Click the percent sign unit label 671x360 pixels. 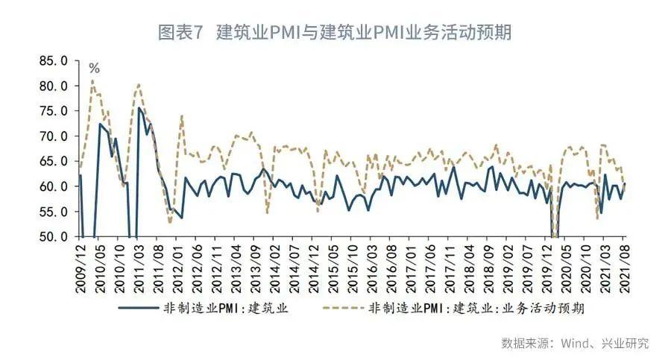tap(94, 69)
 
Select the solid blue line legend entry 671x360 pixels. tap(201, 308)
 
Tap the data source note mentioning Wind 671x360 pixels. tap(574, 343)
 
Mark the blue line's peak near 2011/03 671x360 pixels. tap(139, 109)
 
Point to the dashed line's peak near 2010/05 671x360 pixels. tap(92, 80)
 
